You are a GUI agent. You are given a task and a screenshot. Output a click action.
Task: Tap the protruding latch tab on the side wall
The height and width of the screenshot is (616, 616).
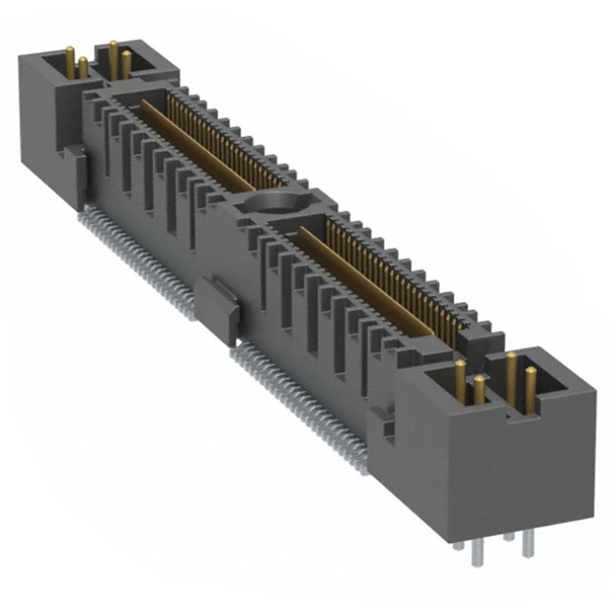click(x=218, y=309)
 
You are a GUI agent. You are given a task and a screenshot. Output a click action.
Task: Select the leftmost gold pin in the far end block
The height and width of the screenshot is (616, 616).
click(x=69, y=62)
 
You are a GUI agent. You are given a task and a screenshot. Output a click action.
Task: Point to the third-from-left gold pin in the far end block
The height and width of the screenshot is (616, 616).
click(x=113, y=58)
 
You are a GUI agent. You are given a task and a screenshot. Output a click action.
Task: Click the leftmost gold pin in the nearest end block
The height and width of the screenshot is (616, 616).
click(x=460, y=381)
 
